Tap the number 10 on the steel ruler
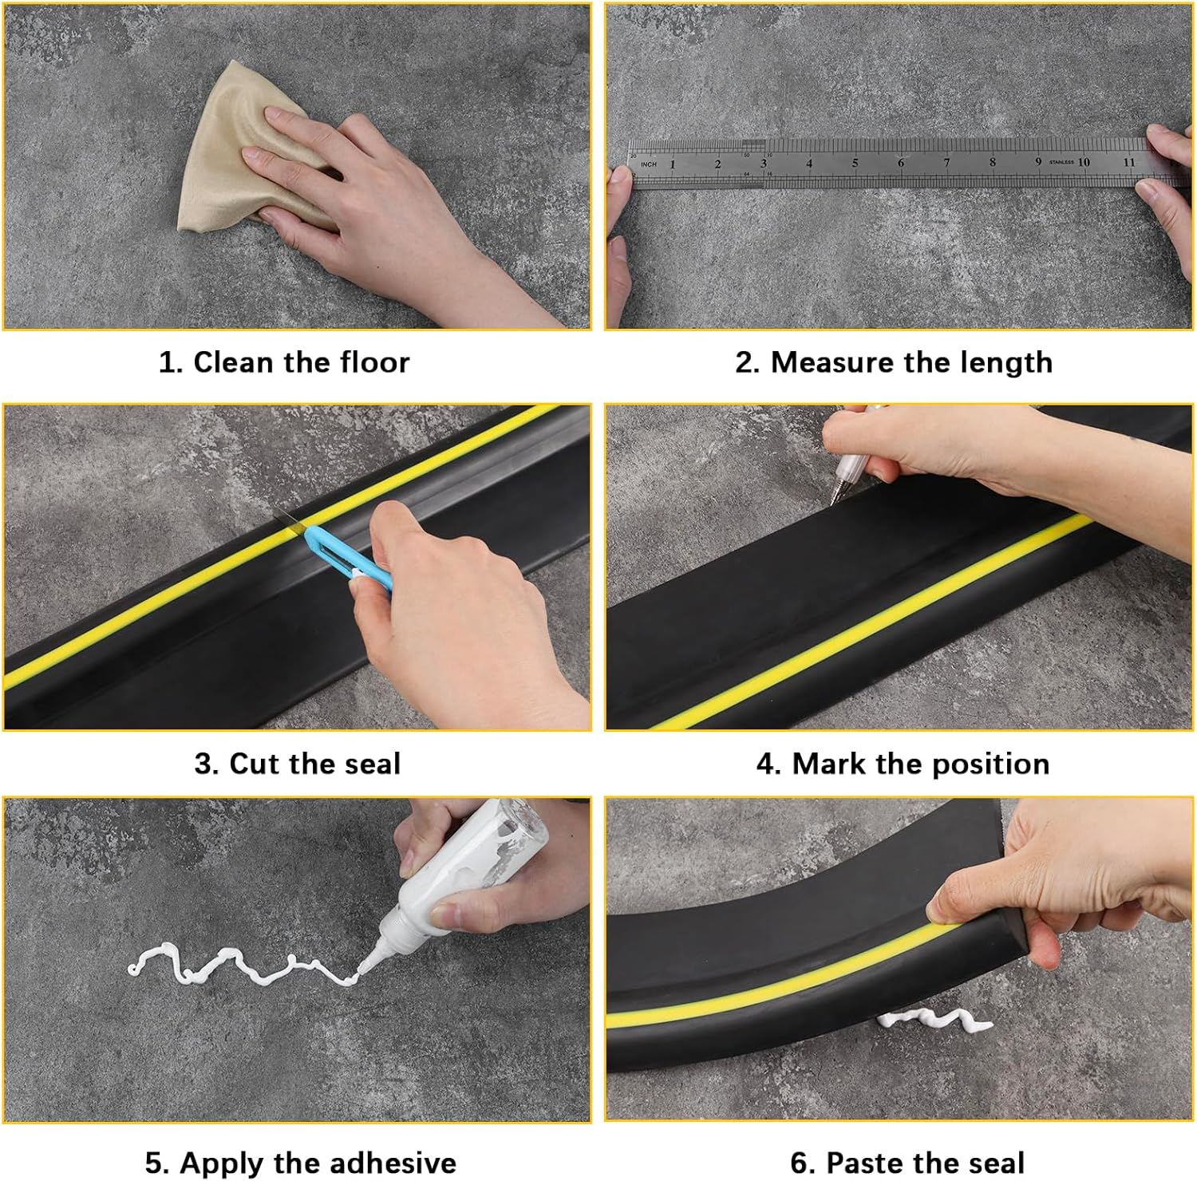tap(1083, 162)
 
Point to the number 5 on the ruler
tap(855, 163)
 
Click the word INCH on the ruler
tap(649, 164)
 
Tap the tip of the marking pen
tap(833, 503)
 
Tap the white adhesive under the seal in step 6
tap(934, 1020)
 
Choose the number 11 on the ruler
tap(1128, 162)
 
